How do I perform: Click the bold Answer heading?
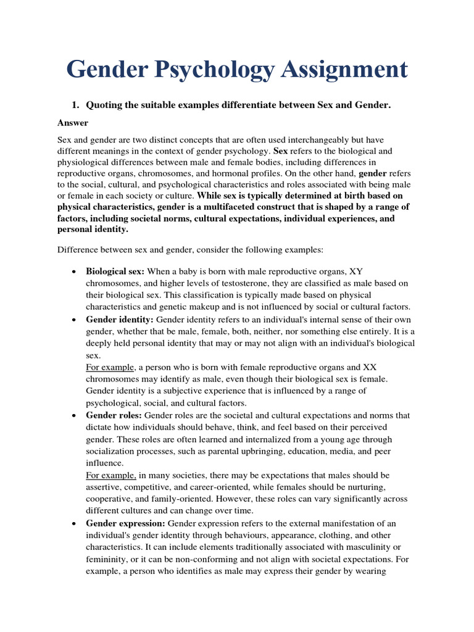pos(73,123)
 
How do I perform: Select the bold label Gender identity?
pos(120,320)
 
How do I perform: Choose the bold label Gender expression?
pos(125,523)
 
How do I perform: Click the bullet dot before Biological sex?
pos(74,272)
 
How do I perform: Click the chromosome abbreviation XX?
pos(369,367)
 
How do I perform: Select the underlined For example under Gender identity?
pos(110,367)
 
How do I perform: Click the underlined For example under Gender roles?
pos(110,475)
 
